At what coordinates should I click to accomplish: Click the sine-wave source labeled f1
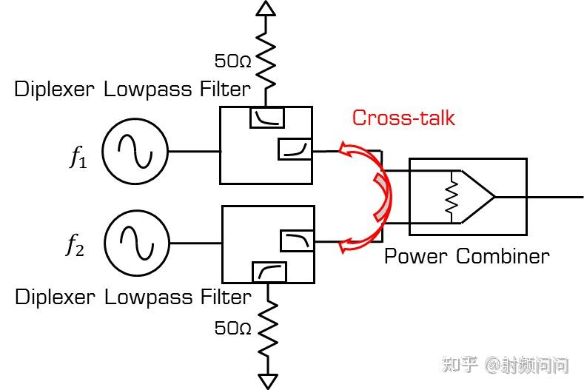pos(135,152)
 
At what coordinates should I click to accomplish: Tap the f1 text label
pos(78,157)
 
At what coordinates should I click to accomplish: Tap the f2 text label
pos(75,246)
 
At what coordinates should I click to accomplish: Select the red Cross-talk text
pos(403,118)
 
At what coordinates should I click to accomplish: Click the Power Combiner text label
pos(466,257)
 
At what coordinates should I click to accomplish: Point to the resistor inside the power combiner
pos(450,196)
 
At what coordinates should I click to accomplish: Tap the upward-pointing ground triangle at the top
pos(265,8)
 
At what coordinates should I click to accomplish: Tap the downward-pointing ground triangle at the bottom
pos(267,381)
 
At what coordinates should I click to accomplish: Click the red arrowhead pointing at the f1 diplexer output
pos(346,151)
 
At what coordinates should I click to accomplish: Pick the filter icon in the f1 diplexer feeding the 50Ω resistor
pos(266,117)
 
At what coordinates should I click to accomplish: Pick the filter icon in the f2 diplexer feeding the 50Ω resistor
pos(269,272)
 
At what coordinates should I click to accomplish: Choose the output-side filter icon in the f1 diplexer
pos(295,149)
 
